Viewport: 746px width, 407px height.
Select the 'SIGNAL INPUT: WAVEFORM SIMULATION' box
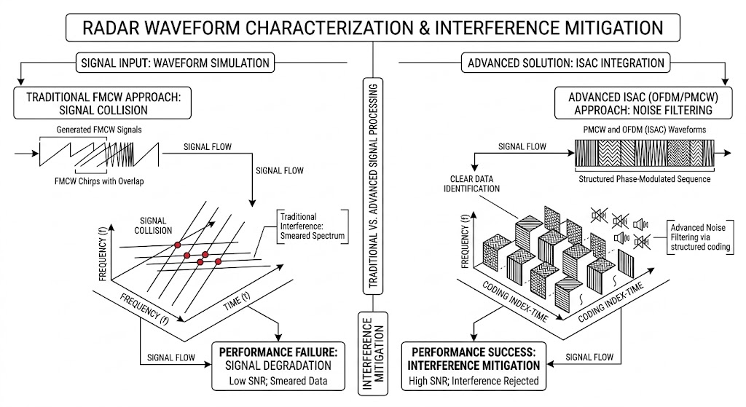[x=174, y=63]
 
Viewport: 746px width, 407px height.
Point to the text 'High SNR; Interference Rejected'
[x=473, y=379]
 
